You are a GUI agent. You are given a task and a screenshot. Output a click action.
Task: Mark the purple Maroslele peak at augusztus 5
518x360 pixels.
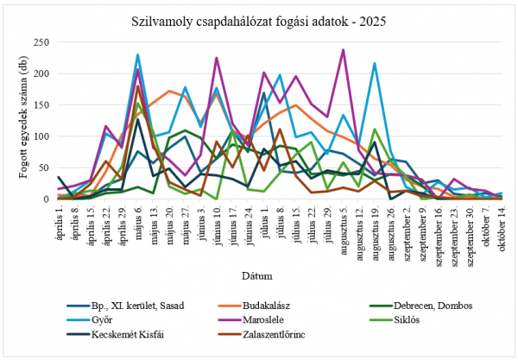click(x=344, y=49)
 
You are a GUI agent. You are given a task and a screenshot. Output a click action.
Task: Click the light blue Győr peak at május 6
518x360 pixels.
click(x=137, y=54)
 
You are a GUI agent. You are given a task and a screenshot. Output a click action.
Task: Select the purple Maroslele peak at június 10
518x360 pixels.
click(x=216, y=58)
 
